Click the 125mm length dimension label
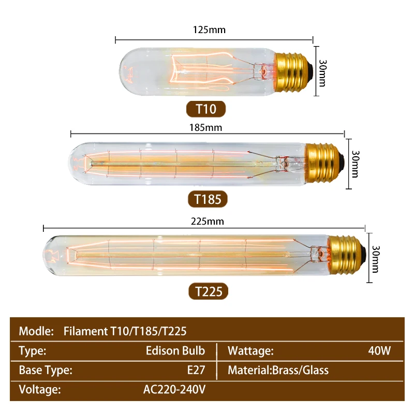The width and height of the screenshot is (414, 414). (x=209, y=29)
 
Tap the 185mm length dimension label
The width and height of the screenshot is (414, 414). (x=205, y=127)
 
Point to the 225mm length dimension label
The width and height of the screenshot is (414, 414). (x=208, y=221)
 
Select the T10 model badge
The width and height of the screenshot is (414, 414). (x=206, y=109)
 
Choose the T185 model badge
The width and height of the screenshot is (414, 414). (x=208, y=199)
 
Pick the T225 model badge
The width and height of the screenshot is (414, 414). (x=209, y=291)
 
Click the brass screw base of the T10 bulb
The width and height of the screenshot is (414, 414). (x=293, y=72)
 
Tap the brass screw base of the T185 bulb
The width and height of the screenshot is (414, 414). (x=324, y=164)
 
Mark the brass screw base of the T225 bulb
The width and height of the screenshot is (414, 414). (x=347, y=255)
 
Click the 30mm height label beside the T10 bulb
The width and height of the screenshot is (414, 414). (x=322, y=73)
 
